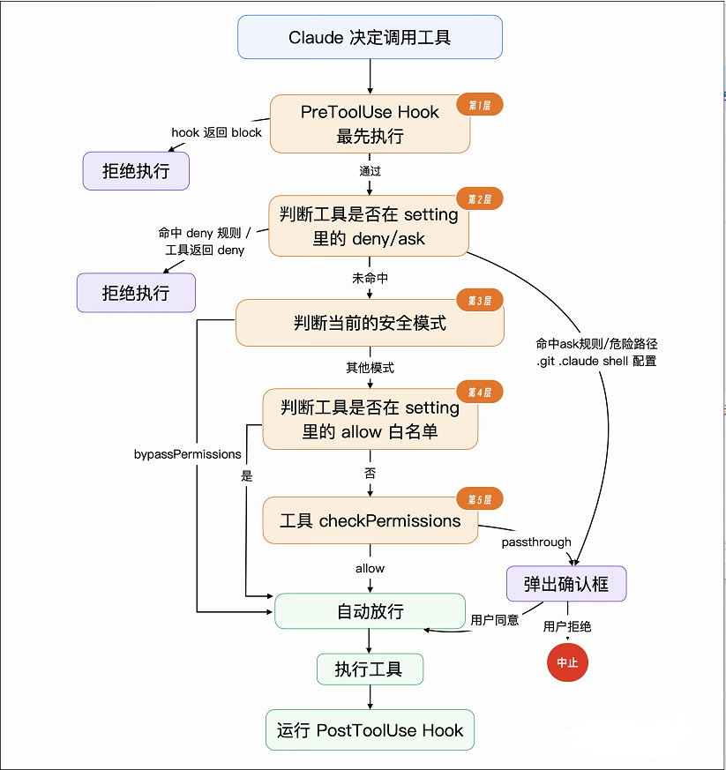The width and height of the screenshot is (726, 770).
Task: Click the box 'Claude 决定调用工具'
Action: click(x=370, y=37)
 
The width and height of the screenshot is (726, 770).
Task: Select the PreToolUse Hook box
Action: click(x=370, y=123)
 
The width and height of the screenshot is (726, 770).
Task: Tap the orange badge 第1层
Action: click(x=479, y=105)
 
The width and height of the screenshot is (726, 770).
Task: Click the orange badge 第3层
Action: click(x=479, y=300)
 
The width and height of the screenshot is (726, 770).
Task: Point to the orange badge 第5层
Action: click(x=479, y=499)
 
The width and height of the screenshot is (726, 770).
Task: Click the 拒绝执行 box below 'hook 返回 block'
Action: click(x=136, y=171)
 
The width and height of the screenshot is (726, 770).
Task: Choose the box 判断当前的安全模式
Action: click(x=370, y=323)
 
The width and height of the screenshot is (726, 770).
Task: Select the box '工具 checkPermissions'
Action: click(x=370, y=520)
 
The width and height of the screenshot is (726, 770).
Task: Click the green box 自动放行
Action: click(x=370, y=611)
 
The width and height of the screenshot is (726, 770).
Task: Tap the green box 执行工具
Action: click(x=370, y=669)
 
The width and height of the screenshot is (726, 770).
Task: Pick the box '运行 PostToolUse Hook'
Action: click(x=370, y=729)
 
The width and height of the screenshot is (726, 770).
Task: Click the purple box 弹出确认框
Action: click(x=566, y=584)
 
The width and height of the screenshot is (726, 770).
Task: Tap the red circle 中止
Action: click(x=567, y=662)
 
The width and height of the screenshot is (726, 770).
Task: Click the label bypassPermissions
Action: click(x=188, y=454)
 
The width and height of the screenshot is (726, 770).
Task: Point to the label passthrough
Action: click(x=536, y=542)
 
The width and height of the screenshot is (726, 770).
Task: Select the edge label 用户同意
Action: click(x=495, y=620)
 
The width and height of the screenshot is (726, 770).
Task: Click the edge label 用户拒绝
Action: click(x=567, y=626)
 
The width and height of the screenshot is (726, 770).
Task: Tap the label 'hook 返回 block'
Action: click(x=217, y=132)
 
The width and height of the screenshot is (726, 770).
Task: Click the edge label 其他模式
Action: click(x=370, y=368)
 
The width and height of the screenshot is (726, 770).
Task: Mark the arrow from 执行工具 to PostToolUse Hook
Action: click(x=370, y=697)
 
